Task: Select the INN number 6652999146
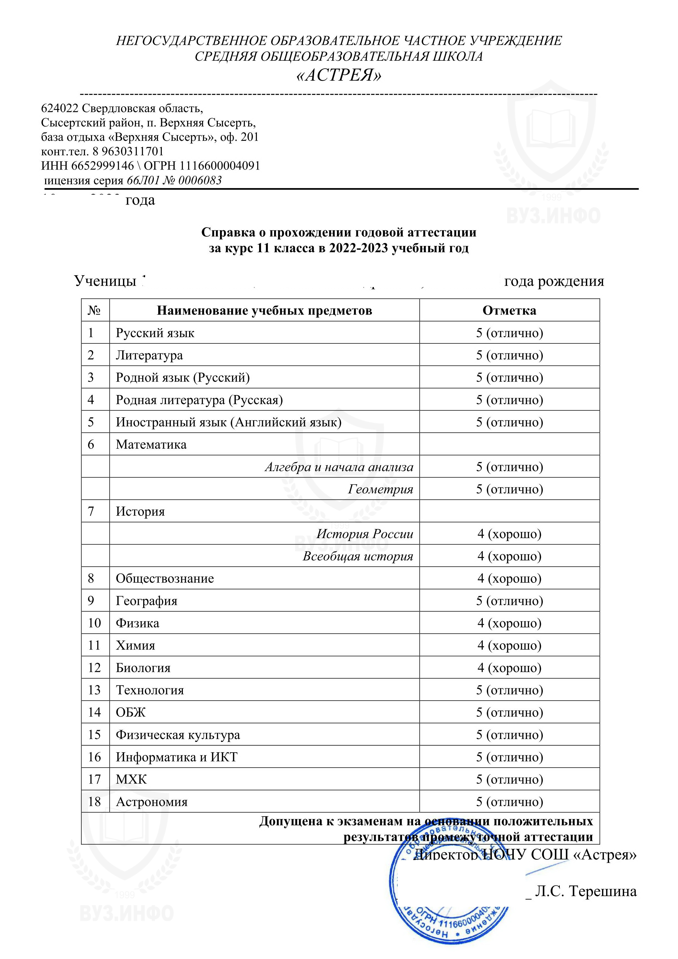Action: pos(102,166)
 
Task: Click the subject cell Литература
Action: pos(149,355)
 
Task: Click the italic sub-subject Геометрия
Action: pos(380,489)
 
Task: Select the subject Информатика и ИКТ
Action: pos(177,757)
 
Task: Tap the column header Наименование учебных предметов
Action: pos(264,310)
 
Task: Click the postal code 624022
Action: pos(60,109)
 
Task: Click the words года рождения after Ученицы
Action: pos(554,281)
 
